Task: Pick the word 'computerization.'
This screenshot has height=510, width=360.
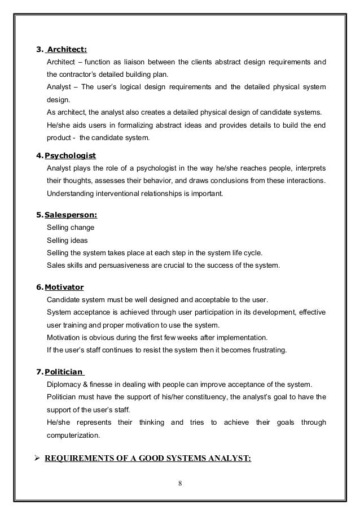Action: click(73, 435)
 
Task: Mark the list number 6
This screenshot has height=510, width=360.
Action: click(38, 287)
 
